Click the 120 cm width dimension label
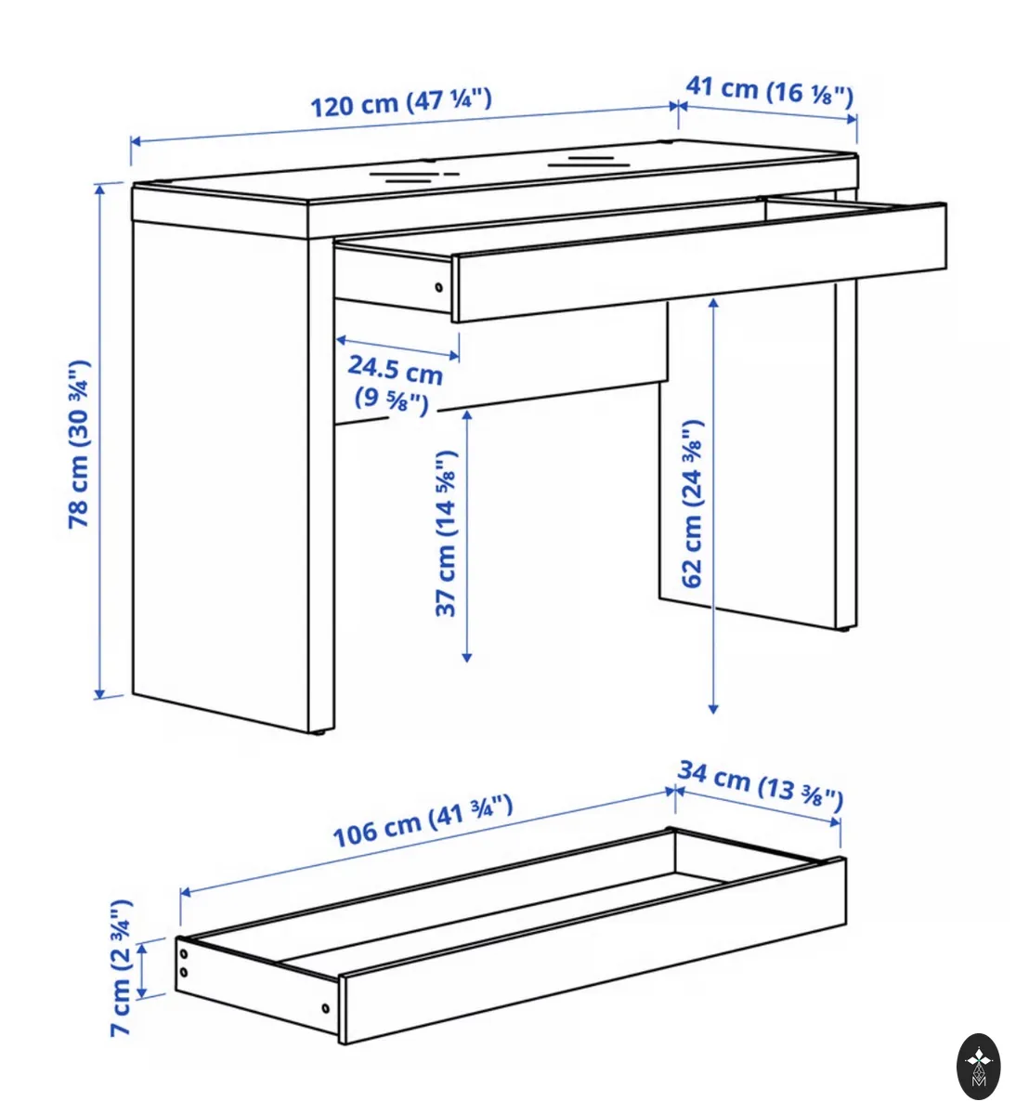(400, 103)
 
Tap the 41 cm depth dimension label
(769, 91)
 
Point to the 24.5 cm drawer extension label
(396, 384)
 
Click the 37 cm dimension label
(446, 533)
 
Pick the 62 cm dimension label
(693, 503)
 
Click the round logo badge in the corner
(978, 1066)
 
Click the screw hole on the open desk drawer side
(438, 287)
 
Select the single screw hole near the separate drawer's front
(325, 1008)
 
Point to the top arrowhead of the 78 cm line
(99, 189)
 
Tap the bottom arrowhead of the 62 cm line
(713, 709)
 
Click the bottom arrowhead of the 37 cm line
(467, 658)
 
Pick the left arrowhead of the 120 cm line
(136, 141)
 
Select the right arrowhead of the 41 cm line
(852, 119)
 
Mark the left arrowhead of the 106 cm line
(185, 893)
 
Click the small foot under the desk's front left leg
(320, 733)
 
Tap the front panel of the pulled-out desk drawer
(699, 262)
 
